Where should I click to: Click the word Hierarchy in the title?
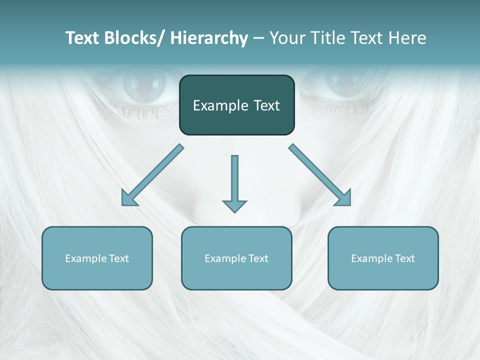209,38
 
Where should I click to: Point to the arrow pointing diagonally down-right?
320,175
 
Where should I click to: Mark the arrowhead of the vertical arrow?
234,205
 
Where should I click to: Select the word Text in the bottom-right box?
403,258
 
